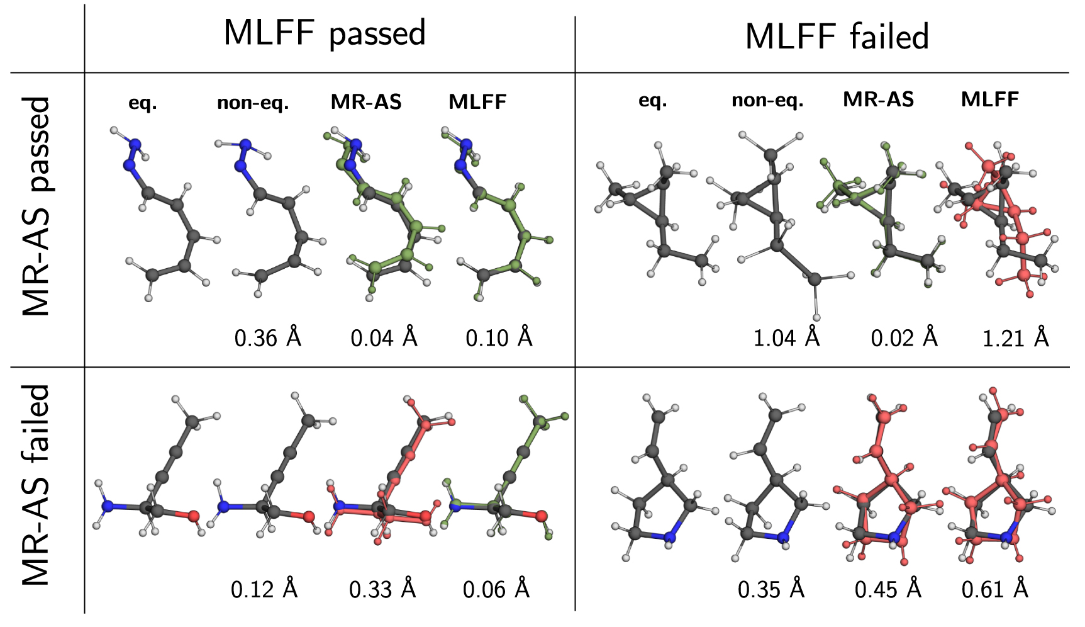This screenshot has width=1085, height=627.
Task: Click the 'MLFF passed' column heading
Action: [x=325, y=33]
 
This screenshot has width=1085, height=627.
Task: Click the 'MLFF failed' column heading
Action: [x=837, y=37]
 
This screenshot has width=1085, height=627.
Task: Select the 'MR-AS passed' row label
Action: [x=36, y=206]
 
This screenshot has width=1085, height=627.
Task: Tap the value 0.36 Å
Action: [x=267, y=338]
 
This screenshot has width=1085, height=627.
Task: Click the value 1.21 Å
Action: [x=1015, y=338]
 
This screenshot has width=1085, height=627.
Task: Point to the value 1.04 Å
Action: [x=786, y=338]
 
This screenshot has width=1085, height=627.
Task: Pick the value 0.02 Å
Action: [x=904, y=338]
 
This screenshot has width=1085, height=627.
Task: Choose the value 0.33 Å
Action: [x=382, y=589]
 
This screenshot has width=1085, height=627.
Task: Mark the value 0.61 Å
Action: [x=994, y=589]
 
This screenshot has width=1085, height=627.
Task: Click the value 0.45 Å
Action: [x=887, y=589]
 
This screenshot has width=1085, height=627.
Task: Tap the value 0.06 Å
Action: [x=496, y=589]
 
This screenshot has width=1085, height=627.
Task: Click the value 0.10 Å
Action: [x=499, y=338]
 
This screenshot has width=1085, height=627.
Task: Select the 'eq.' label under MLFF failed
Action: [x=652, y=101]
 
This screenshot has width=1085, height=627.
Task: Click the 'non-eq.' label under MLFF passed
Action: [x=253, y=103]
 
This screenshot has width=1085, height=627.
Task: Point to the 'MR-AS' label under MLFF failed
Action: [x=878, y=99]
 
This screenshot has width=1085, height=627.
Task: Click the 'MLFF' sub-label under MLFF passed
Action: [x=477, y=102]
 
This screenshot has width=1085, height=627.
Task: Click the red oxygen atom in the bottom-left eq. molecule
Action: [x=194, y=516]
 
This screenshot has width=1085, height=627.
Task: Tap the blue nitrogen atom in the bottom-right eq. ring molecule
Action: [x=670, y=538]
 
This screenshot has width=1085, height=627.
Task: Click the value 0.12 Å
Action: [x=264, y=589]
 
